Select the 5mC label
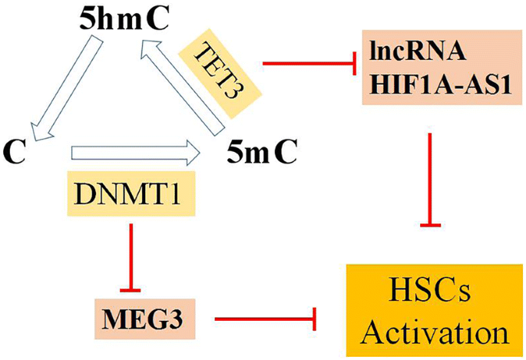[262, 154]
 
